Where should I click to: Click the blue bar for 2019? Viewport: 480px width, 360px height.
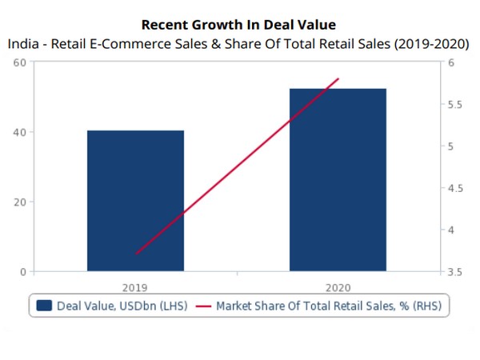(135, 200)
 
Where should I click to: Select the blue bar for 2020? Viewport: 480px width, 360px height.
(338, 180)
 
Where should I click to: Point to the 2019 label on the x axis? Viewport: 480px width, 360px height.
(135, 286)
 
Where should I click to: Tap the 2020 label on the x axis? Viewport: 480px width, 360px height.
(338, 286)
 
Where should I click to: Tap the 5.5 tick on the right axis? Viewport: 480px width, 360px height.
(456, 105)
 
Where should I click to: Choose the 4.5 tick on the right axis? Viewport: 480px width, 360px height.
(456, 189)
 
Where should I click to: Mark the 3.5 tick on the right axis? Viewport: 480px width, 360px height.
(456, 272)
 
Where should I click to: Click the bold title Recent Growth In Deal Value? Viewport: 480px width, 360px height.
(238, 25)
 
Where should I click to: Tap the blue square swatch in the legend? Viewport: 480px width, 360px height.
(45, 306)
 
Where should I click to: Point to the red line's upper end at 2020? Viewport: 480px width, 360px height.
(339, 78)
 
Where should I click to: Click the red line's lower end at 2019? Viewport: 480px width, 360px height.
(136, 254)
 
